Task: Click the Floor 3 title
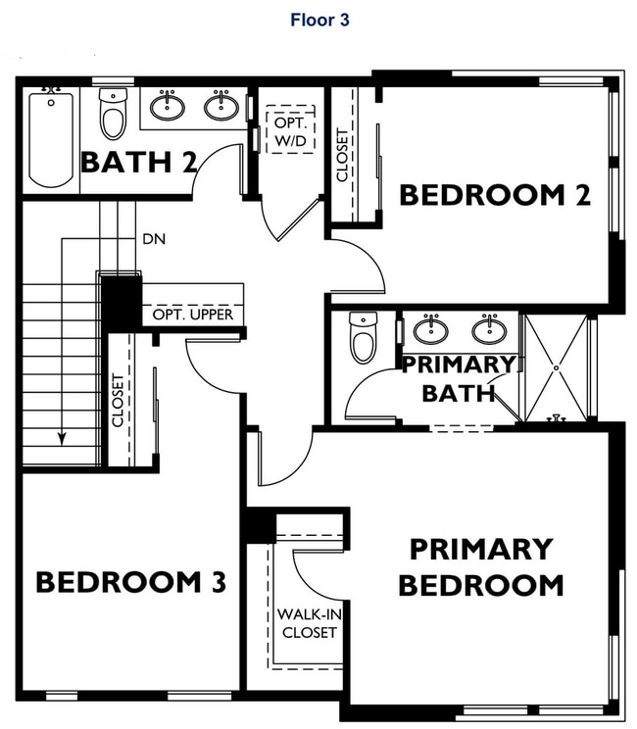(319, 19)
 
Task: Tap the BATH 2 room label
(137, 162)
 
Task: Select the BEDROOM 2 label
(495, 195)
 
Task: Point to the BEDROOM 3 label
(131, 582)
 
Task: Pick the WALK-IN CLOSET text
(309, 623)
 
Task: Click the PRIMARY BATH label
(459, 378)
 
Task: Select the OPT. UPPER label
(193, 315)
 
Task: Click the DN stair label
(154, 238)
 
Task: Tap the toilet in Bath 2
(114, 117)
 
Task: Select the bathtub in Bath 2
(50, 139)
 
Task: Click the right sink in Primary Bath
(488, 328)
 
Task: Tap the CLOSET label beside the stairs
(119, 400)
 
